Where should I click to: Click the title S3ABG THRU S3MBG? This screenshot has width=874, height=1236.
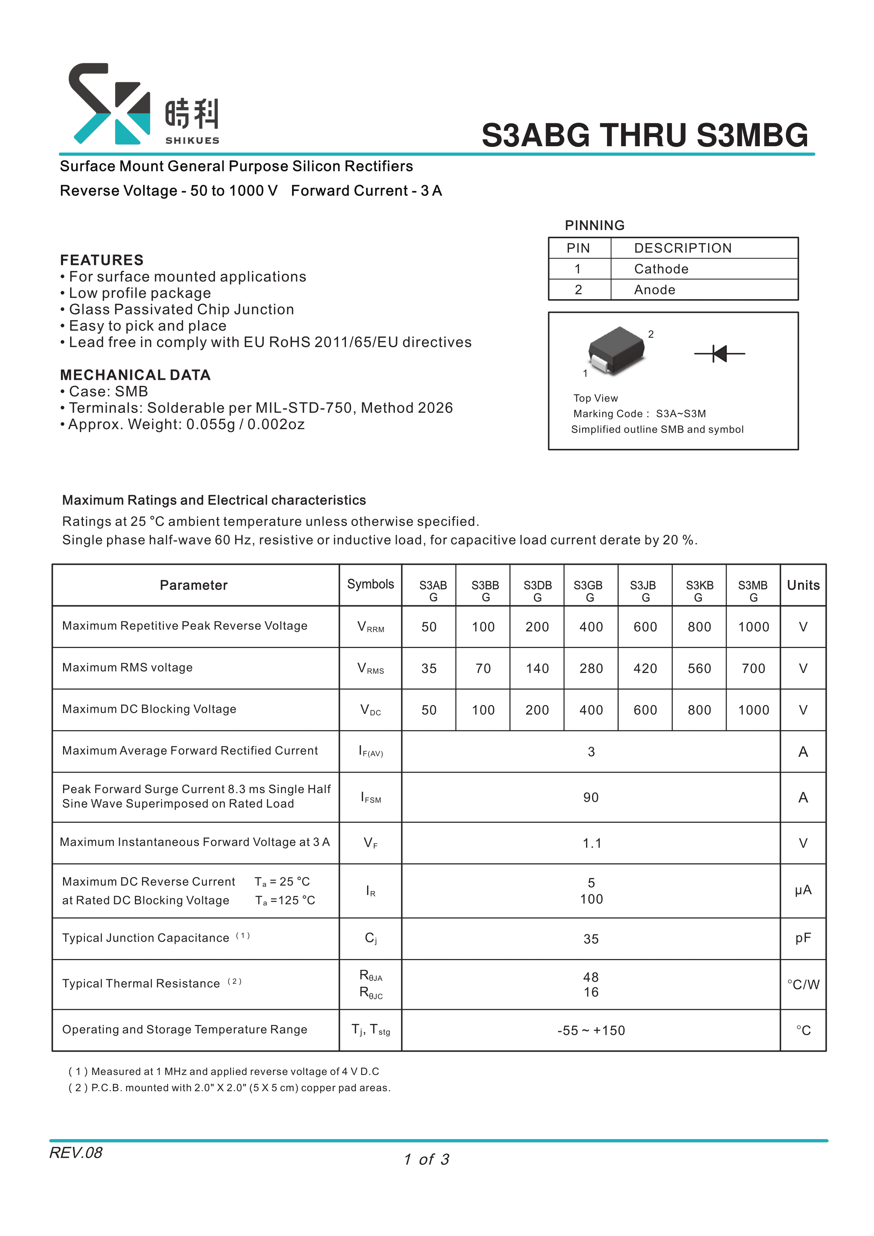[x=644, y=135]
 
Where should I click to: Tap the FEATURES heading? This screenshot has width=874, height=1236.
[x=102, y=260]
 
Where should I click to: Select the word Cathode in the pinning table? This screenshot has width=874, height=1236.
[x=661, y=269]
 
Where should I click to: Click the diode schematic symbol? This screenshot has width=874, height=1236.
[x=720, y=354]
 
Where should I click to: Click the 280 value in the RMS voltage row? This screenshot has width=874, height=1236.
[x=591, y=669]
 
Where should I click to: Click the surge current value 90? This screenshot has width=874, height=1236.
[x=591, y=797]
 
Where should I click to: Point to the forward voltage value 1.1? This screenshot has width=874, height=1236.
[x=591, y=843]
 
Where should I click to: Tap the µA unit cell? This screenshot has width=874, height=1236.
[x=802, y=890]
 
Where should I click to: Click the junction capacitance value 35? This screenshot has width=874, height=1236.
[x=591, y=939]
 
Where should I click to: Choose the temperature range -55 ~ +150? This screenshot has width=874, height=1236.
[x=591, y=1030]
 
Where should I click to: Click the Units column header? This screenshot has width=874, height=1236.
[x=803, y=585]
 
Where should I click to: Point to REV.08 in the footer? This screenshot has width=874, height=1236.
[x=76, y=1152]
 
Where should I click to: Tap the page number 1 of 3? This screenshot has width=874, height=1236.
[x=426, y=1160]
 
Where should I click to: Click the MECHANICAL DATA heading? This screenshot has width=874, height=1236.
[x=135, y=375]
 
